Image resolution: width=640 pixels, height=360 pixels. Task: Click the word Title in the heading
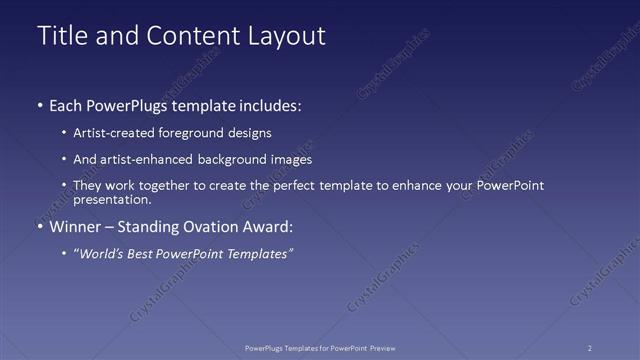(x=61, y=36)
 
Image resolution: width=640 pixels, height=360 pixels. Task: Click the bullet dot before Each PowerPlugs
(x=39, y=105)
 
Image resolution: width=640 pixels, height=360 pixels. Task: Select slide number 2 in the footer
(x=590, y=348)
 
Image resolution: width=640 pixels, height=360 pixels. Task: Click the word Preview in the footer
(x=377, y=348)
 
